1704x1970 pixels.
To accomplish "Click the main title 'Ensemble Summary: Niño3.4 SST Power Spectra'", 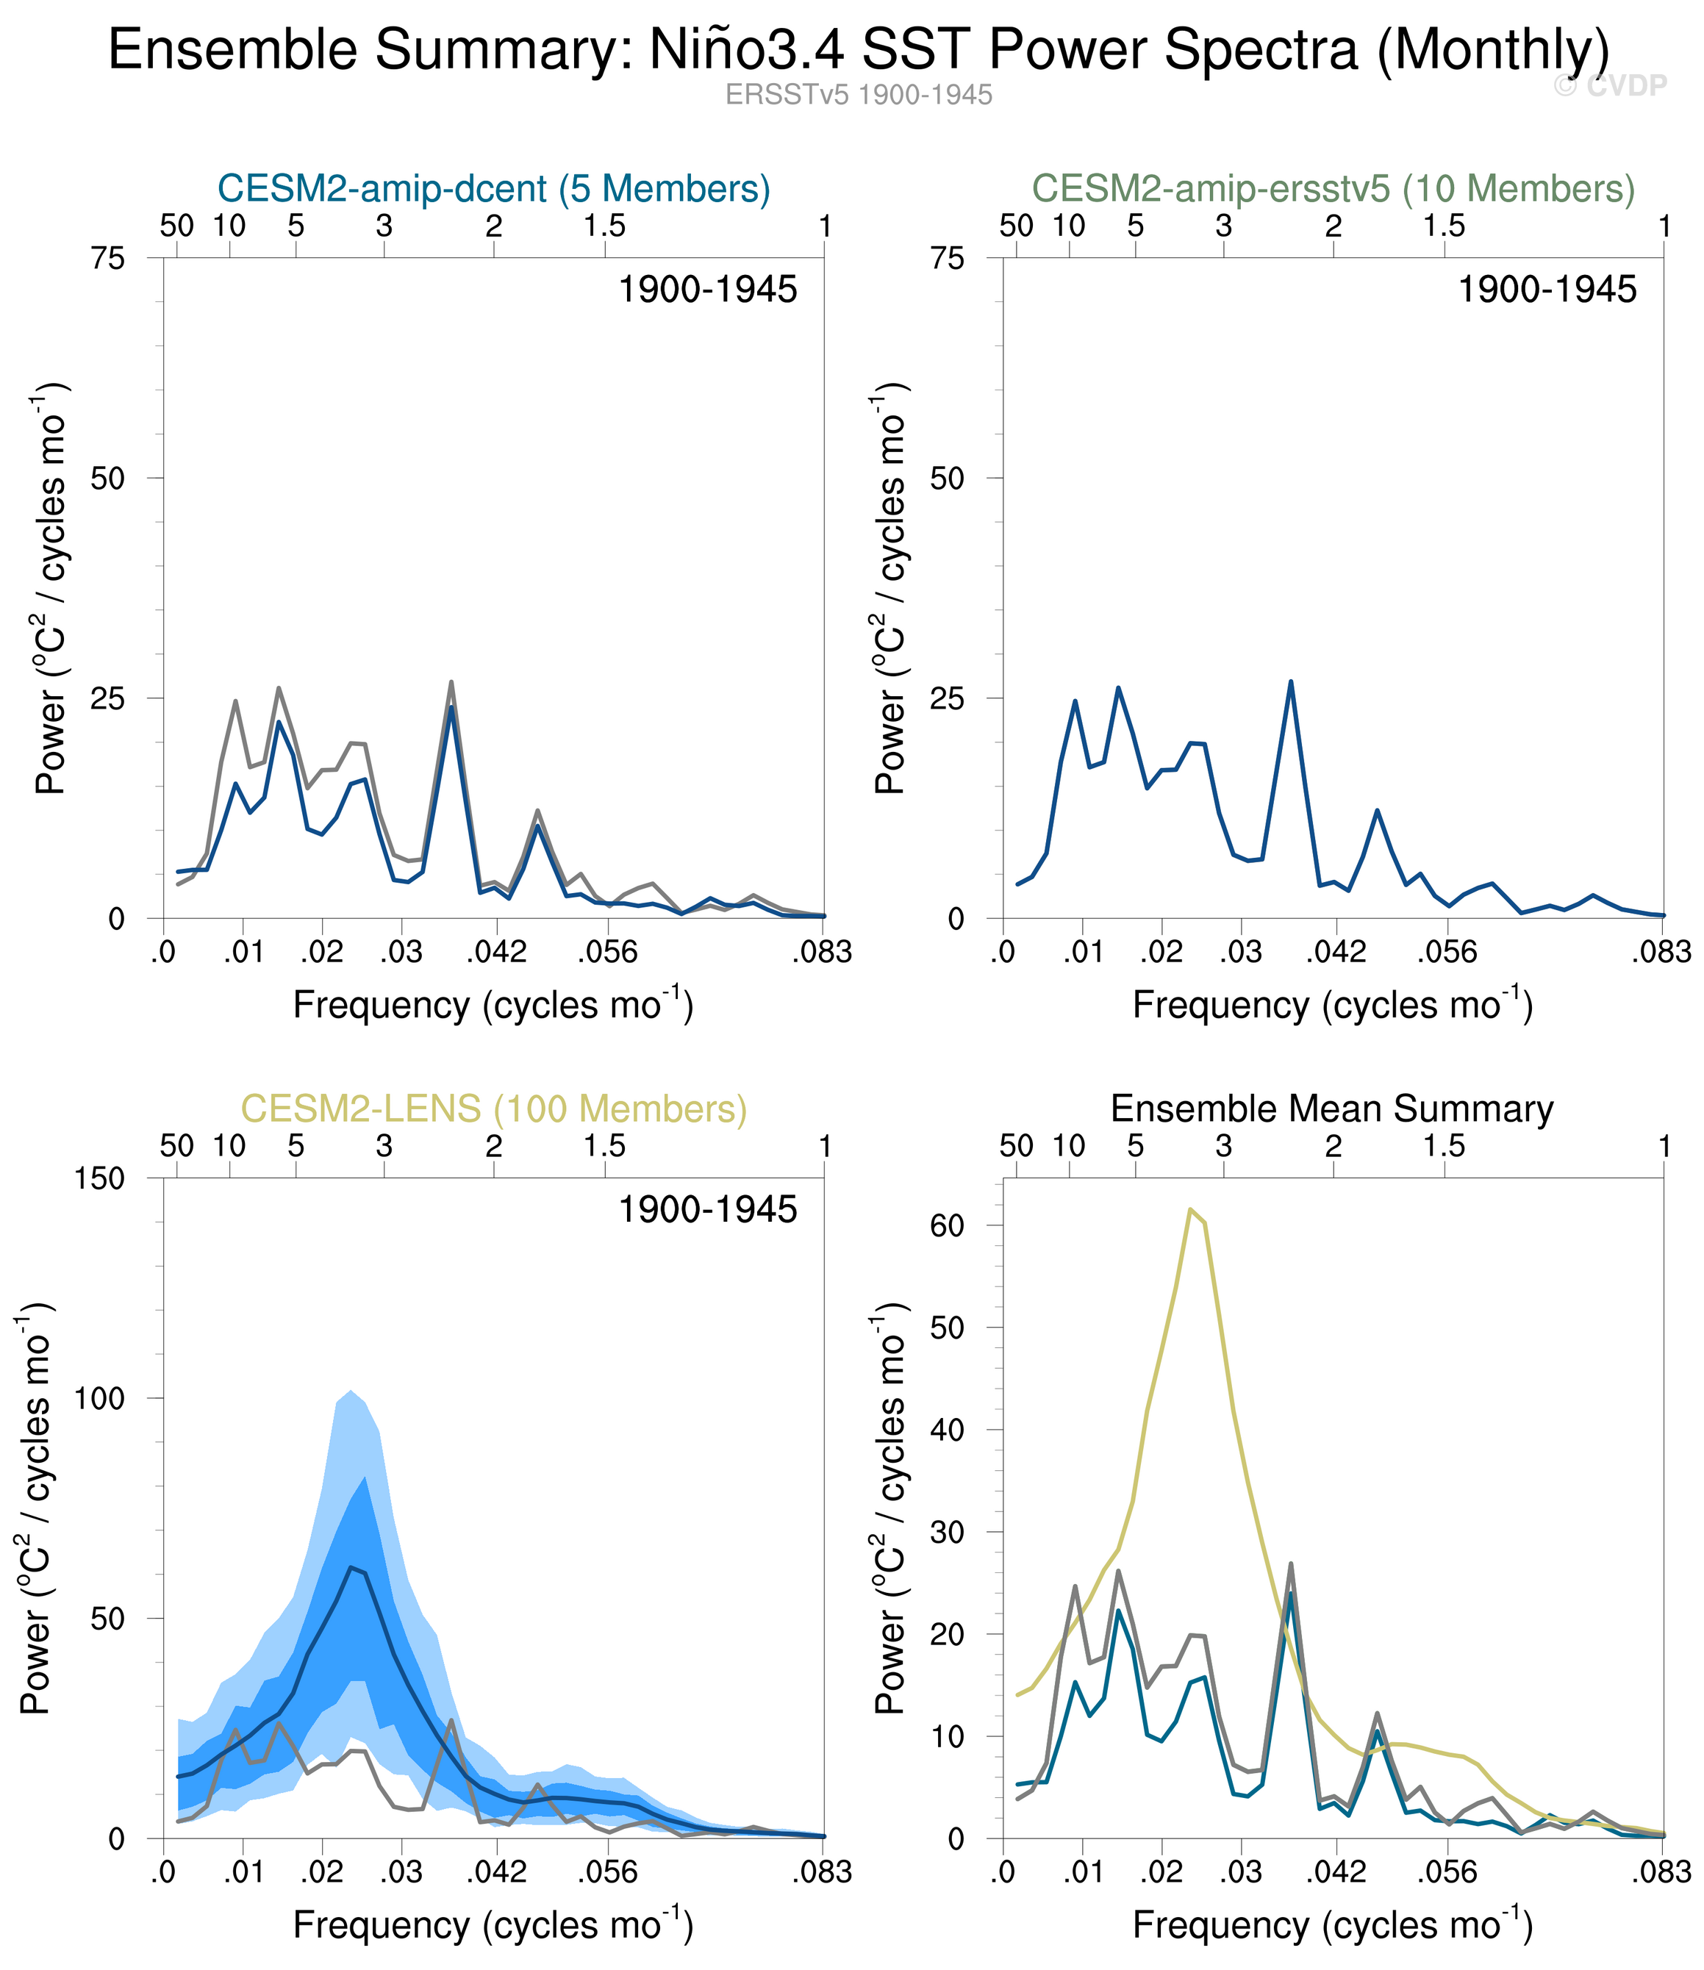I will (859, 49).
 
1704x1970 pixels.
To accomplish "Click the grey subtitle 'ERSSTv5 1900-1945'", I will (859, 95).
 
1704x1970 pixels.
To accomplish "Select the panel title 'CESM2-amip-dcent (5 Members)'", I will (493, 188).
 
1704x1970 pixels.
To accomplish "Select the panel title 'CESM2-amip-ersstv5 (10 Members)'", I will (1334, 188).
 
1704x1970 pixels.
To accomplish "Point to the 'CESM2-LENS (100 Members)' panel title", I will (493, 1108).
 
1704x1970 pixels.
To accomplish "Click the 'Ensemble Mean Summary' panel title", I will (1331, 1108).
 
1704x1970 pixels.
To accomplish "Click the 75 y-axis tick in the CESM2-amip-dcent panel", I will (108, 258).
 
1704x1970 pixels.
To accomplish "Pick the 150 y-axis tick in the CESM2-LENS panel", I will (100, 1178).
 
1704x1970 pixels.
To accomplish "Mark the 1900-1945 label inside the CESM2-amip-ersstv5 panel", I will (1547, 289).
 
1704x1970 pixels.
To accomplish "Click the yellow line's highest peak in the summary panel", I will (1189, 1209).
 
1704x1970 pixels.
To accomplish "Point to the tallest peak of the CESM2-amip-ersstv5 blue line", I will (1290, 681).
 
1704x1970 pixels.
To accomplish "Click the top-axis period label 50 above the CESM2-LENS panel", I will (177, 1146).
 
